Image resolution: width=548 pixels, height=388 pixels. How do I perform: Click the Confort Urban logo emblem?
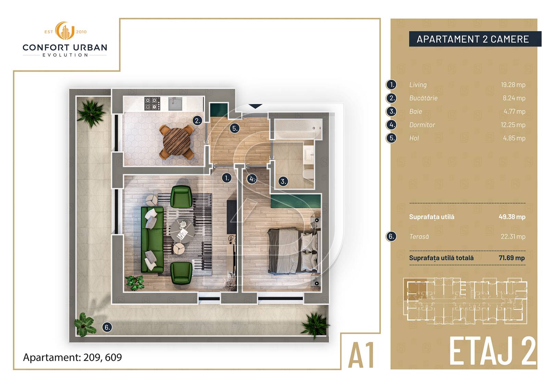[x=65, y=31]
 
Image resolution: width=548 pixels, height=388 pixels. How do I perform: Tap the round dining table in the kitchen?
[x=177, y=142]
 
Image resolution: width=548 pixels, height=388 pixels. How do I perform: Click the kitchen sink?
[x=175, y=104]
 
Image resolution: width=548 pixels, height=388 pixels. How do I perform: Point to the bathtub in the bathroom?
[x=298, y=129]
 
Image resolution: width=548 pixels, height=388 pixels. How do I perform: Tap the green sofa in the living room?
[x=152, y=239]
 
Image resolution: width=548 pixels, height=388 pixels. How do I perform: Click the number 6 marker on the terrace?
[x=107, y=327]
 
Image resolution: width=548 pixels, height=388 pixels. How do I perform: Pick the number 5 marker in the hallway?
[x=234, y=128]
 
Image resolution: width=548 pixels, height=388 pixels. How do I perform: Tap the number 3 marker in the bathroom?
[x=283, y=181]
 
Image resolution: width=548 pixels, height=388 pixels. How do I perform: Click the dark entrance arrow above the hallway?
[x=256, y=106]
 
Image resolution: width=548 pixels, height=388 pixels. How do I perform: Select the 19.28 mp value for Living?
[x=513, y=85]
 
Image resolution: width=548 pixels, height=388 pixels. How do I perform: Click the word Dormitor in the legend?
[x=422, y=125]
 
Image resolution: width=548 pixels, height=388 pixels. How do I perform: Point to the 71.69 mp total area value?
[x=512, y=258]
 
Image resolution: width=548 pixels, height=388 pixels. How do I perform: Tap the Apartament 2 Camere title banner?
[x=475, y=39]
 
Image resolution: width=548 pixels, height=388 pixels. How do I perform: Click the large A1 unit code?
[x=361, y=355]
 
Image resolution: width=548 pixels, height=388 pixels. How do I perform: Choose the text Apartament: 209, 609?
[x=72, y=357]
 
